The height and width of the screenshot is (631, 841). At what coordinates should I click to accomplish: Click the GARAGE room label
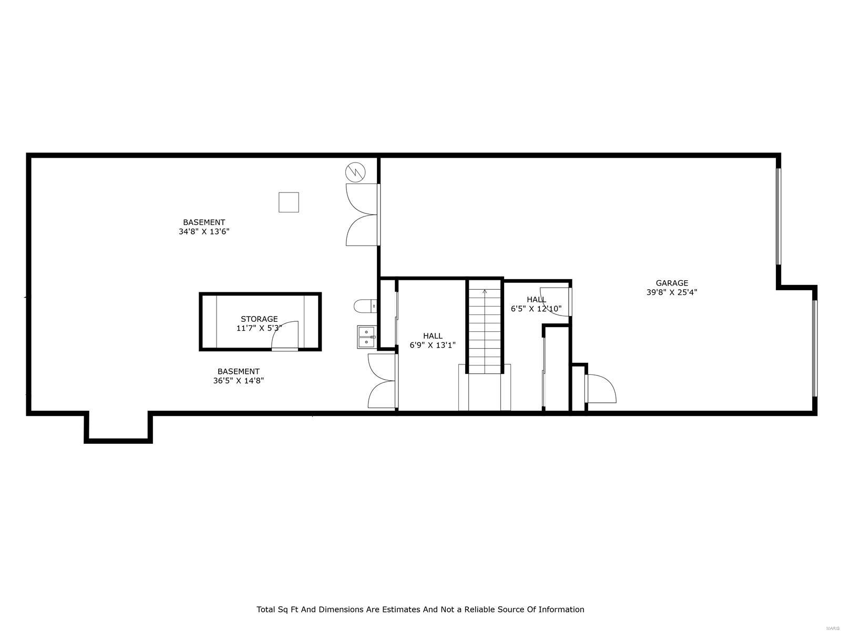click(672, 283)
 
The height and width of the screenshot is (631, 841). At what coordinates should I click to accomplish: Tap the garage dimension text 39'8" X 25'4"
click(672, 292)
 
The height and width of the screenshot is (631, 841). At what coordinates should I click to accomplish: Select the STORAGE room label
click(259, 319)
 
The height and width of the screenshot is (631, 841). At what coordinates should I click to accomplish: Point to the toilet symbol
click(365, 306)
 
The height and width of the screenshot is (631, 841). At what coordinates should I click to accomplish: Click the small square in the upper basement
click(289, 202)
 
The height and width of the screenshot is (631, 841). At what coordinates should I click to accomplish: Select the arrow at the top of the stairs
click(485, 291)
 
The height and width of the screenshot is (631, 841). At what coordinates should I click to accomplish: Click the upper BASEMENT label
click(204, 222)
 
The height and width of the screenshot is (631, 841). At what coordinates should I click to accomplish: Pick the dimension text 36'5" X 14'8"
click(238, 381)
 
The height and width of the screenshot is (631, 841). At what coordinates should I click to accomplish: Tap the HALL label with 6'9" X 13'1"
click(433, 336)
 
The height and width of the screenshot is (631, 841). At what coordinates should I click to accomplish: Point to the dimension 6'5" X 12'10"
click(536, 309)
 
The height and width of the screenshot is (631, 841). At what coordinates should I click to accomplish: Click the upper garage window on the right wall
click(778, 216)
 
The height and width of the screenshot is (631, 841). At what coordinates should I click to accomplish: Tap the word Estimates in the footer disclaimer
click(399, 609)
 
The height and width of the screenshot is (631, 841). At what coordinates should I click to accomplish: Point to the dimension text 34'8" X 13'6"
click(204, 231)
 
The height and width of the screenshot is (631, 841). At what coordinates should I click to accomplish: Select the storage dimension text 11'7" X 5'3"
click(259, 328)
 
